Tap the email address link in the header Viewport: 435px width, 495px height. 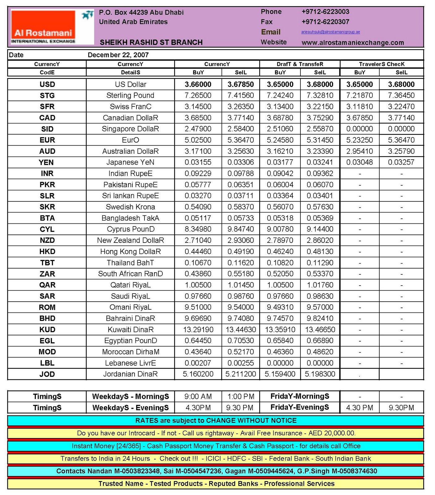click(x=330, y=32)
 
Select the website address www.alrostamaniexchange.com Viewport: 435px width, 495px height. click(x=353, y=43)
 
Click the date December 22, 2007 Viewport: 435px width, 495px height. click(x=118, y=55)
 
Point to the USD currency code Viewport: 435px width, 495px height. click(x=47, y=84)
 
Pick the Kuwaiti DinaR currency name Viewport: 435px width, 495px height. click(x=130, y=329)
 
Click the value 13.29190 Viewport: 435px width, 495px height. click(x=198, y=329)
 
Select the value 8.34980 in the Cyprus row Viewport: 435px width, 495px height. click(x=198, y=229)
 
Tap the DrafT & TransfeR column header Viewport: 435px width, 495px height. click(x=300, y=64)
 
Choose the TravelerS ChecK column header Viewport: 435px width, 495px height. click(x=381, y=64)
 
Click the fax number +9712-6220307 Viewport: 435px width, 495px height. click(x=325, y=22)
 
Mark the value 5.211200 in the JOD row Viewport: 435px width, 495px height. click(x=240, y=374)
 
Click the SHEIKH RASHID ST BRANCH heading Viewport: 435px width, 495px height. click(x=151, y=42)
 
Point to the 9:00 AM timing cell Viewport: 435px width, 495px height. click(x=198, y=396)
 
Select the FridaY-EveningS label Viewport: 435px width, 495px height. click(x=299, y=407)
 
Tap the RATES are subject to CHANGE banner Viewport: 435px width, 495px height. click(x=216, y=420)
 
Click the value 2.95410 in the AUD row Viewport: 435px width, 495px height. click(x=360, y=151)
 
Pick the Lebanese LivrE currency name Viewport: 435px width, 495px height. click(x=130, y=363)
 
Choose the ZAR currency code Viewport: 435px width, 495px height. click(x=47, y=274)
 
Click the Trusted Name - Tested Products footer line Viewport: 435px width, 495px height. click(x=216, y=484)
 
